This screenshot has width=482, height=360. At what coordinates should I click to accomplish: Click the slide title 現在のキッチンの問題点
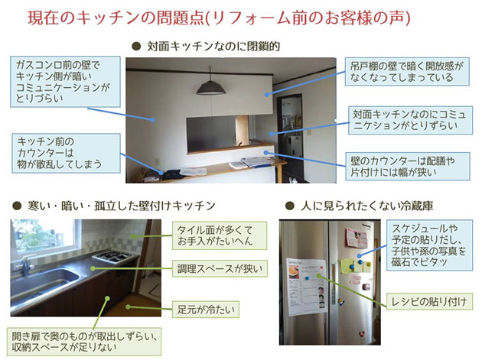click(x=116, y=18)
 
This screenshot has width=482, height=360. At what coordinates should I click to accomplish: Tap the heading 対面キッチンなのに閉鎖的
click(x=213, y=47)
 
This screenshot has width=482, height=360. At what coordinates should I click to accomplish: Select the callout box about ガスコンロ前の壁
click(x=65, y=81)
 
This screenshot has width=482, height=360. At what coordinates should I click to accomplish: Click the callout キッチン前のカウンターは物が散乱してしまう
click(x=66, y=153)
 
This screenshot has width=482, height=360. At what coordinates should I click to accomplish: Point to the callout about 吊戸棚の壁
click(x=407, y=71)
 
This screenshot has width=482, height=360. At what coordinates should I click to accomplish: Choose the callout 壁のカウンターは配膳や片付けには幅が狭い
click(x=408, y=166)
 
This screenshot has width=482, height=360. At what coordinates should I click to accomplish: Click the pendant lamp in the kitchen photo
click(x=211, y=86)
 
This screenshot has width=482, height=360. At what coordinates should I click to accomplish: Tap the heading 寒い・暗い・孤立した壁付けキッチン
click(x=122, y=206)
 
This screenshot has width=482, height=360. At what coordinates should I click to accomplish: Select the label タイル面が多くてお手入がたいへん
click(x=220, y=235)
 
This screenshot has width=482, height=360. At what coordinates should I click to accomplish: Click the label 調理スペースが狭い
click(x=220, y=269)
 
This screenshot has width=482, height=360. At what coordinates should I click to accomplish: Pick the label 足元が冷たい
click(x=206, y=310)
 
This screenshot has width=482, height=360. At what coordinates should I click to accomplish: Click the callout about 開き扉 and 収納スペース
click(x=84, y=342)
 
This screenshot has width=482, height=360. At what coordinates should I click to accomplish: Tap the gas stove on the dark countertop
click(x=112, y=257)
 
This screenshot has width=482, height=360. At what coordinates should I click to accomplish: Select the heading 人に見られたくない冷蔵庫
click(x=367, y=206)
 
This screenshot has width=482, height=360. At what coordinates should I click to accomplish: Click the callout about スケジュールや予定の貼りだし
click(x=429, y=245)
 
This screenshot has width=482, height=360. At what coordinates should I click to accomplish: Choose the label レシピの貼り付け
click(x=429, y=301)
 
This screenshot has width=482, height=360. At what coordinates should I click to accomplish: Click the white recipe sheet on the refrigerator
click(x=306, y=287)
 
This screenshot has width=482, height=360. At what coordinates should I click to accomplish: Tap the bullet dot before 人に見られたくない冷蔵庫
click(x=290, y=206)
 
